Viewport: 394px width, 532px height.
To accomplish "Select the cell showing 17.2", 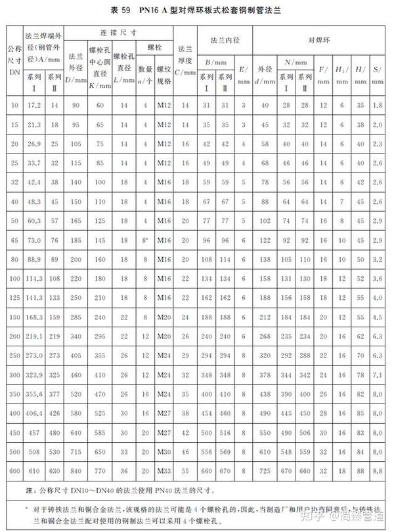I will point(34,105).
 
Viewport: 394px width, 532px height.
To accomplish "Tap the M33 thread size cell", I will point(164,470).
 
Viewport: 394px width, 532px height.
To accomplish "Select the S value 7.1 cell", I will point(376,376).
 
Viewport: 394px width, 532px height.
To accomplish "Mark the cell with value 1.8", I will point(376,105).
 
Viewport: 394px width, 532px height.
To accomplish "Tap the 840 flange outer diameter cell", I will point(76,470).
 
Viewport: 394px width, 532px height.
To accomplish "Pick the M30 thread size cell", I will point(164,453).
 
